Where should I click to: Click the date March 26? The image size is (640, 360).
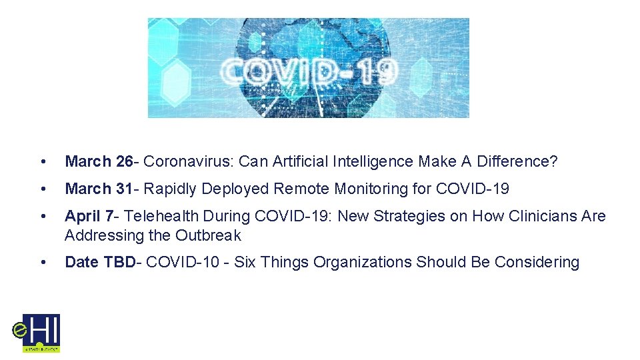point(98,162)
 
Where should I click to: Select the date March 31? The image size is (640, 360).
point(98,189)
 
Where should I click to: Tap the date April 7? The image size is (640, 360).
point(89,217)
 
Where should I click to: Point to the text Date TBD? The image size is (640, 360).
point(99,263)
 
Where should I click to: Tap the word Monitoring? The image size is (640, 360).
point(371,189)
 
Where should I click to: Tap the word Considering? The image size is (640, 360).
point(537,263)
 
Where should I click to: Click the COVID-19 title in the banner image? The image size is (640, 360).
point(309,71)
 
